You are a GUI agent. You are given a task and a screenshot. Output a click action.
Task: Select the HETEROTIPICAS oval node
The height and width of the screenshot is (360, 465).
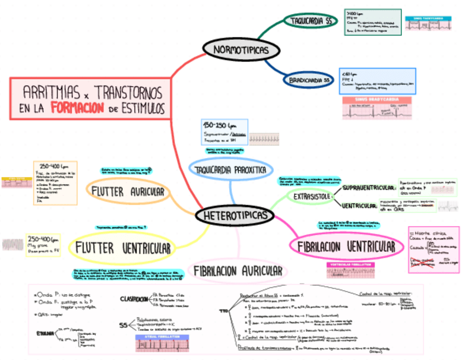click(235, 215)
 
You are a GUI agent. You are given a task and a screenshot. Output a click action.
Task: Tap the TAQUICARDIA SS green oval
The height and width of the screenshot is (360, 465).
click(311, 21)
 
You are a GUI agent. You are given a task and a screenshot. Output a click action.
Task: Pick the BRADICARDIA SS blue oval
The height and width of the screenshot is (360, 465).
click(310, 80)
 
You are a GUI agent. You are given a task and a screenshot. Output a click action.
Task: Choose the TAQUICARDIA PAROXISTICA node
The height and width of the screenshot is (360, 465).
click(230, 169)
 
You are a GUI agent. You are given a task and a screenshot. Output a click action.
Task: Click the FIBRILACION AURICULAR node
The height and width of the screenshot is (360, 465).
click(237, 271)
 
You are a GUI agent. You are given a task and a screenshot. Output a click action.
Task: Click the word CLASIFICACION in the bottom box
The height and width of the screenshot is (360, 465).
click(133, 299)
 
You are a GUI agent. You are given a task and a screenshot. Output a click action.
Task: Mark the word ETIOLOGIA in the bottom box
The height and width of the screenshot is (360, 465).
click(46, 333)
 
